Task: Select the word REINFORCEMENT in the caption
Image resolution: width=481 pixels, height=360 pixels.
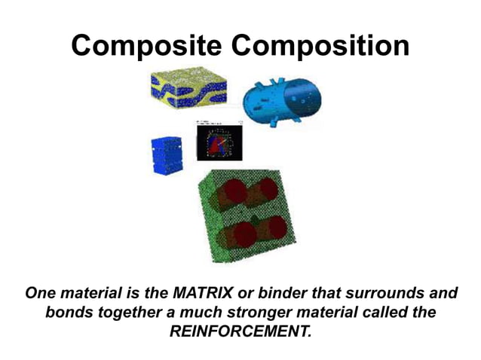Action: pyautogui.click(x=240, y=329)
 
